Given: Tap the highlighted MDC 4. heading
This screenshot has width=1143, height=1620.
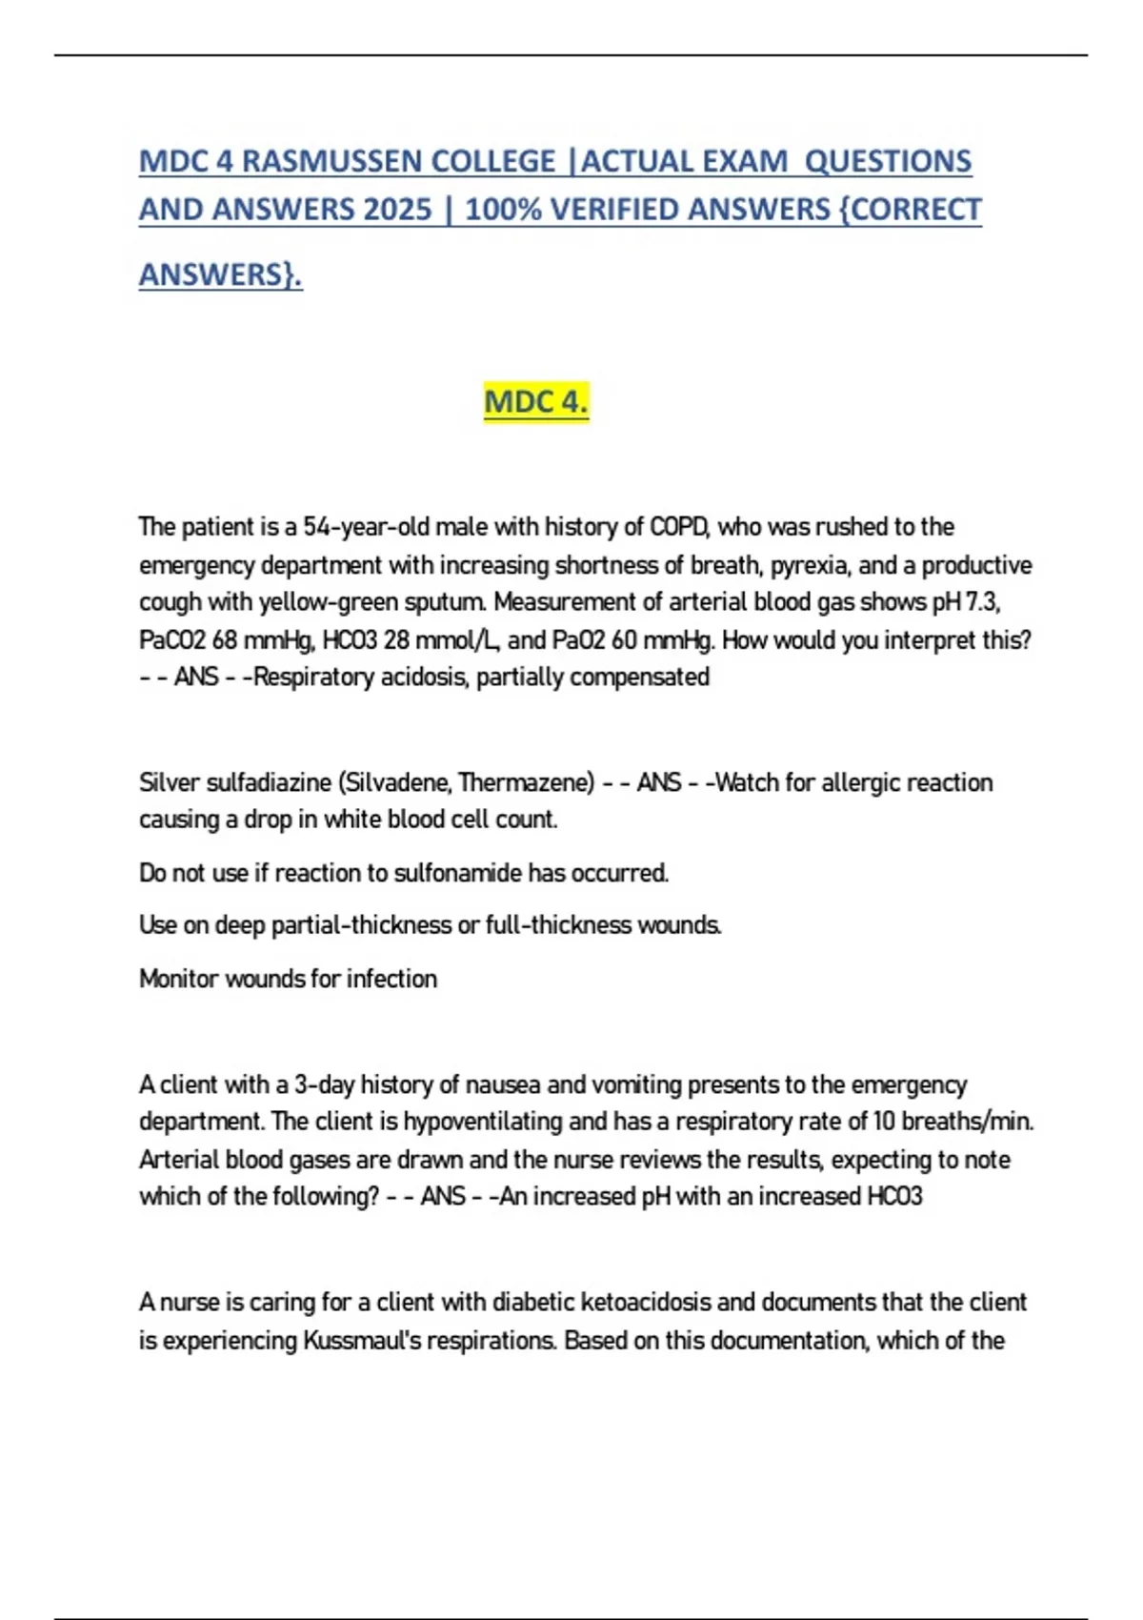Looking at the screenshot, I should (x=536, y=401).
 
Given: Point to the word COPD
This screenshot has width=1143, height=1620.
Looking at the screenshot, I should (x=679, y=527).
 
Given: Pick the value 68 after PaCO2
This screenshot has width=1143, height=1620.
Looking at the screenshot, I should (x=225, y=640).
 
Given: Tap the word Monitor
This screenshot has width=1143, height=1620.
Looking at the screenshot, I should (x=178, y=979).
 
